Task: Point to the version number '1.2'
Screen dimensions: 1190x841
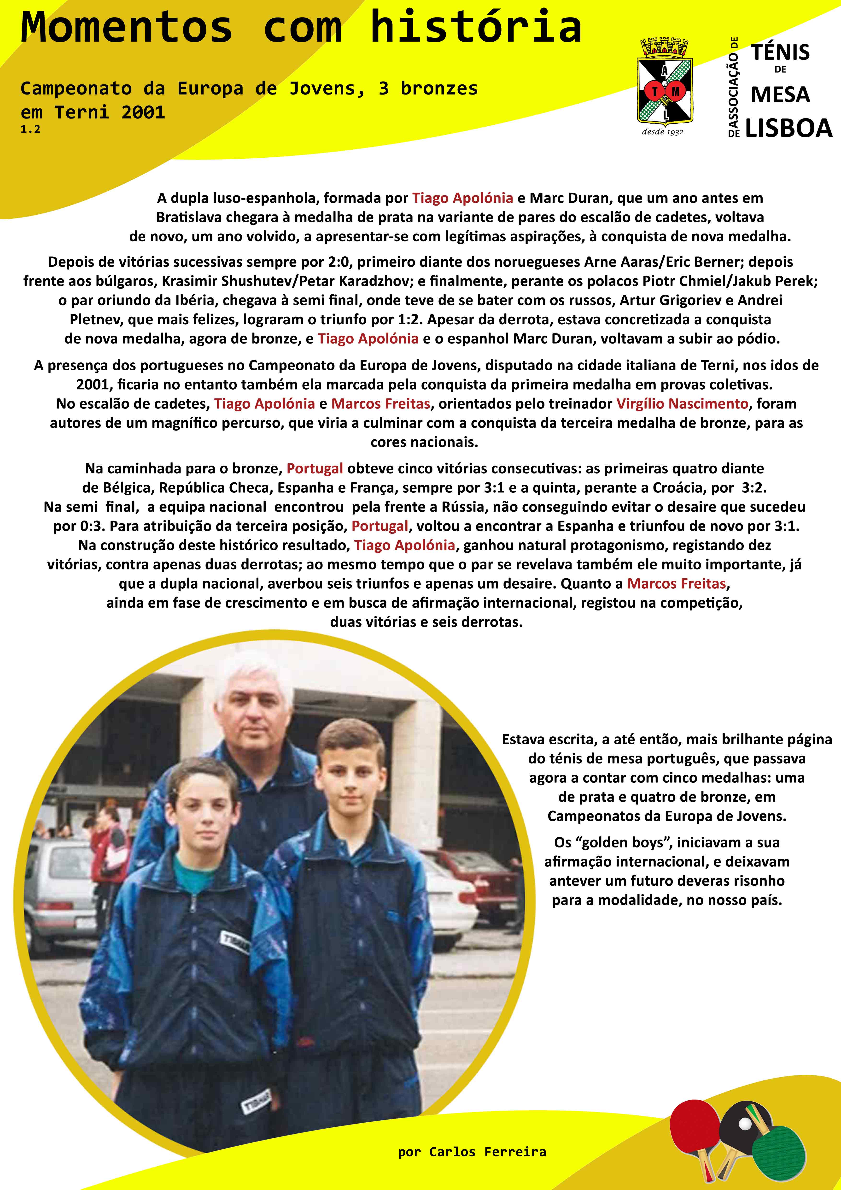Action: [30, 130]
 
